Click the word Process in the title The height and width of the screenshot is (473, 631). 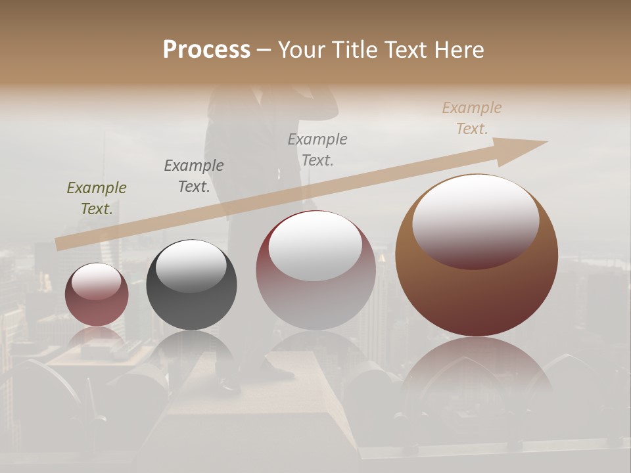[206, 50]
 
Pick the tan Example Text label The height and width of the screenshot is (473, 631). [471, 118]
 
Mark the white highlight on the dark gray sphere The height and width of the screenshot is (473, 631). [191, 265]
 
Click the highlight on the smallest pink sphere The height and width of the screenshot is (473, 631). [97, 281]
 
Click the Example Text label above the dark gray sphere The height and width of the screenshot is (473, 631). [194, 176]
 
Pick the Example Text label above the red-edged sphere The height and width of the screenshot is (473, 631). [317, 150]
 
